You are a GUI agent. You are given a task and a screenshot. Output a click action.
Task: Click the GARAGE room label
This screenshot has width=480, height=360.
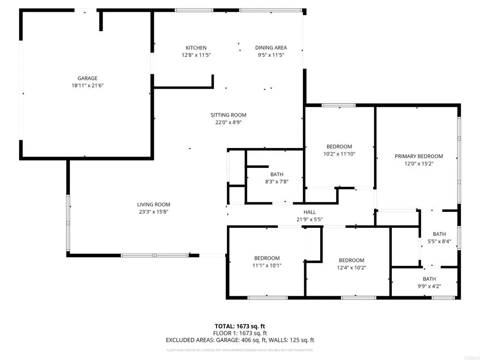(88, 78)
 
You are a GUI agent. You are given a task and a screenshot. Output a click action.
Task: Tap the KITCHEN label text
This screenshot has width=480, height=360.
(196, 48)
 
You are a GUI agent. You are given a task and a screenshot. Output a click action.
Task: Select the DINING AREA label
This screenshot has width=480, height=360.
(271, 48)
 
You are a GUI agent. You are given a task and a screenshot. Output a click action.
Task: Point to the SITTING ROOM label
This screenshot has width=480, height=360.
(228, 115)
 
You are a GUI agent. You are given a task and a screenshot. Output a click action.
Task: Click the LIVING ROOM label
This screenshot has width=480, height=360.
(154, 204)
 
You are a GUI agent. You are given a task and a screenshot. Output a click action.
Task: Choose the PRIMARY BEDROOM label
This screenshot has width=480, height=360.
(419, 157)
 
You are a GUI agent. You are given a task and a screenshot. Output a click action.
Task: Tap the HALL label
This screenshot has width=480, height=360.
(310, 212)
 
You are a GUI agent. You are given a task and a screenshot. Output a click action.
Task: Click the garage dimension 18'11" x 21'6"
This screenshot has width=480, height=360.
(88, 86)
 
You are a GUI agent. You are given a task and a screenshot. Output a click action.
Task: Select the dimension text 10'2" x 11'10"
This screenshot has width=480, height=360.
(339, 154)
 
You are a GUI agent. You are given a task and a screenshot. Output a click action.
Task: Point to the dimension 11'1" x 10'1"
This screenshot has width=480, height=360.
(267, 265)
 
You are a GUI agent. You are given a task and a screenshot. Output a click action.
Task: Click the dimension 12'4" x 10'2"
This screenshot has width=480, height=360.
(352, 268)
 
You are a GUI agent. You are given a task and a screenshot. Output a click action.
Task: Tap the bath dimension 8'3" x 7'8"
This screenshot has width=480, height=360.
(277, 182)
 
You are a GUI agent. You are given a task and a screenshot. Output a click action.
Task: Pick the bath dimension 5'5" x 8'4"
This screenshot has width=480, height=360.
(439, 241)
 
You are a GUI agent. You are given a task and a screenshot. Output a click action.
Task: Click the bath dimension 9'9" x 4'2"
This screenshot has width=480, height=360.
(429, 286)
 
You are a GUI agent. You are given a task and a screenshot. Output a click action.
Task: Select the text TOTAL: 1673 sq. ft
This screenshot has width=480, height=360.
(240, 326)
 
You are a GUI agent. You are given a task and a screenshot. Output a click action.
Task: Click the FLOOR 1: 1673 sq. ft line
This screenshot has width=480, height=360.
(240, 333)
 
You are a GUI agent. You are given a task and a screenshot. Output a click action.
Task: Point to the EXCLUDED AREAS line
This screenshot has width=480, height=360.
(240, 340)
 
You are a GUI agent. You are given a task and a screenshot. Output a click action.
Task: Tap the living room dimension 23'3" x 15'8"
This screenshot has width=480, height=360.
(154, 212)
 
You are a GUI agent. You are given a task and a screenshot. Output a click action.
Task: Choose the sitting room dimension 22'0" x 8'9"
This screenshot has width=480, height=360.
(228, 122)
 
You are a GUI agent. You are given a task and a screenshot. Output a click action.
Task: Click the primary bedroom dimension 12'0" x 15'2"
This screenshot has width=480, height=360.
(419, 164)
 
